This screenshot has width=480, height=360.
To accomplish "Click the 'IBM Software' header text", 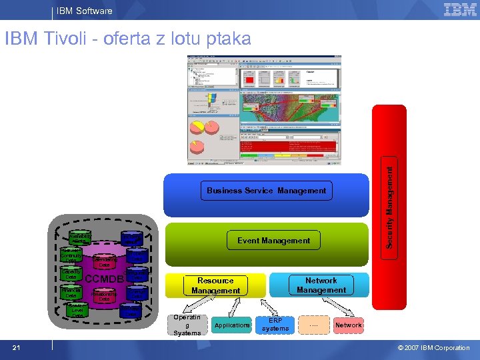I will tap(84, 11).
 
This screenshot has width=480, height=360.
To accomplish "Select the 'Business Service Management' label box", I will tap(266, 191).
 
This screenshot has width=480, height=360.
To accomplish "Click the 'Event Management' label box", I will tap(274, 241).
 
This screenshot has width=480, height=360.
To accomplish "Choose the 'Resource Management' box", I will tap(215, 285).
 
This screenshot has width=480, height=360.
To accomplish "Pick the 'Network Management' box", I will tap(321, 285).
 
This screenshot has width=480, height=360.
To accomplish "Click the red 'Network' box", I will tap(348, 325).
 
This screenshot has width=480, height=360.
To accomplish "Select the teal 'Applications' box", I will tap(232, 325).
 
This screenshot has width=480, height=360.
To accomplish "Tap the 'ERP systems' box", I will tap(275, 325).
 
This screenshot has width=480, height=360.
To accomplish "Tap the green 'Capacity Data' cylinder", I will tap(71, 274).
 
